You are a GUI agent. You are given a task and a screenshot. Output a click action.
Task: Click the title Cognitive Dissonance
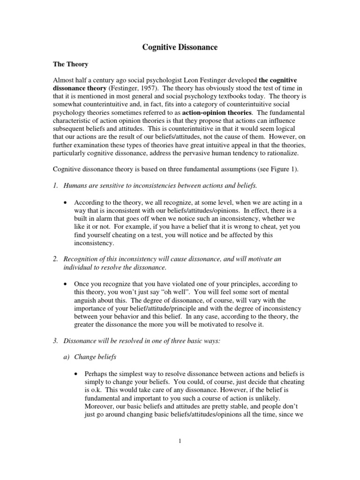click(180, 47)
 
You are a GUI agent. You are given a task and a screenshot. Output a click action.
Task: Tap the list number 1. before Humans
click(55, 186)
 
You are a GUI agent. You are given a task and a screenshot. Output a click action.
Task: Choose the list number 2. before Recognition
click(55, 259)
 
